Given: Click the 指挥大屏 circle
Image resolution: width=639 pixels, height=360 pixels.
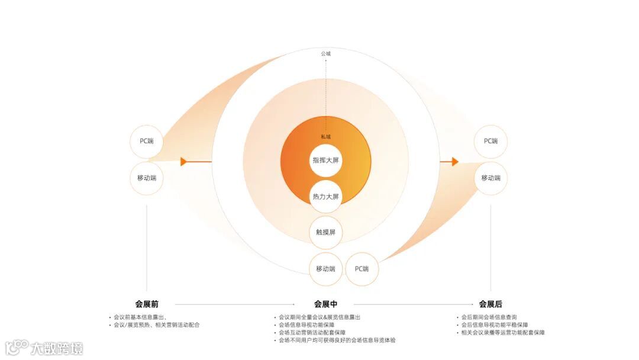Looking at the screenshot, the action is tap(325, 160).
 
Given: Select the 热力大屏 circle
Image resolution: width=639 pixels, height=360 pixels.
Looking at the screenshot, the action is tap(325, 197).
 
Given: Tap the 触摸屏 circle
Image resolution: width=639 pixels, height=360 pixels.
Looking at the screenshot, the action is tap(325, 233).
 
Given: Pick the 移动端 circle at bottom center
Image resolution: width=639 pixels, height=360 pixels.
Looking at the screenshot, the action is tap(325, 269).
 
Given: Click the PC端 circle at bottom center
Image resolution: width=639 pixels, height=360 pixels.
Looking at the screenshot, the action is tap(362, 269).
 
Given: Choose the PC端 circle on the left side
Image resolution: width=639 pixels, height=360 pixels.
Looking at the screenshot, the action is tap(147, 142).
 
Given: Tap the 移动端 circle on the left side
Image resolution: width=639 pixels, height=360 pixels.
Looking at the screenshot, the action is tap(147, 178).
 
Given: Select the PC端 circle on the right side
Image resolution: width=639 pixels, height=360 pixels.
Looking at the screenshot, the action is tap(490, 142).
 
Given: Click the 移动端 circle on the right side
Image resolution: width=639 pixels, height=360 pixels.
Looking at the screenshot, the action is tap(490, 178).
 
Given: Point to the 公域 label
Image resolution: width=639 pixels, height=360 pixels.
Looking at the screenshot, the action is tap(326, 54).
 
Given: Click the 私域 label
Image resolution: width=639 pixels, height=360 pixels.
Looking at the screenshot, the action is tap(326, 137).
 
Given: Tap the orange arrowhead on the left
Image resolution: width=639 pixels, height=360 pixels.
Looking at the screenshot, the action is tap(184, 162).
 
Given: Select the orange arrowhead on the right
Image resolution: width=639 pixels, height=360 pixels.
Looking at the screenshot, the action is tap(455, 162).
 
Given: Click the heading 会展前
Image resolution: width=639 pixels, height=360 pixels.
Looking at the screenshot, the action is tap(147, 304).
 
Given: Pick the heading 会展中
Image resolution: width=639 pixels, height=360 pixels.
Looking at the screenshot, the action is tap(325, 304).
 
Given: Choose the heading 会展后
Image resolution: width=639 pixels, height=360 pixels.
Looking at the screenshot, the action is tap(490, 304).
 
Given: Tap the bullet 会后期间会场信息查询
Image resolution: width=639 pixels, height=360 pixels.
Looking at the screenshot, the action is tap(489, 317).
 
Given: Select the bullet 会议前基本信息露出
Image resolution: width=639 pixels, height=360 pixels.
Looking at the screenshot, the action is tap(140, 317).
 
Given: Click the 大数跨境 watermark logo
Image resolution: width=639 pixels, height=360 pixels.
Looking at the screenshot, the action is tap(44, 348).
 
